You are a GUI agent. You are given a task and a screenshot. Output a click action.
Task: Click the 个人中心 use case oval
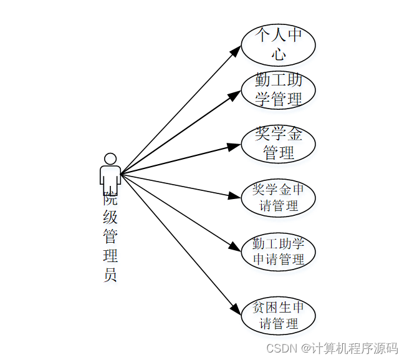tap(278, 44)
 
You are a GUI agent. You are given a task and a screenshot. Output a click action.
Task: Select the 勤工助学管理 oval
tap(278, 90)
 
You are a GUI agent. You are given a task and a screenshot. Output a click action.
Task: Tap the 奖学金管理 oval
tap(278, 144)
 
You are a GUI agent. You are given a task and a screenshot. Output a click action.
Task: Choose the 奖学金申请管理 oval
tap(278, 198)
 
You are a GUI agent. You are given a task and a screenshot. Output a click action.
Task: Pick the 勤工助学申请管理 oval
tap(278, 251)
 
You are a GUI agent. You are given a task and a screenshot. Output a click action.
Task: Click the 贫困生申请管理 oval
tap(278, 316)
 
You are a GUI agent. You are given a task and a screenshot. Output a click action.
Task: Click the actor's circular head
tap(110, 159)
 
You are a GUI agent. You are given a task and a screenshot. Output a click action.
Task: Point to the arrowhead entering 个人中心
tap(235, 51)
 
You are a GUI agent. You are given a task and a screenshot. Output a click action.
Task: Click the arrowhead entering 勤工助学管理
tap(234, 95)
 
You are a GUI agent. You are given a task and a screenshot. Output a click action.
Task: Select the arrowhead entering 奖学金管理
tap(234, 146)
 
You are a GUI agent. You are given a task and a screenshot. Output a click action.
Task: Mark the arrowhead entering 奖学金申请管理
tap(234, 196)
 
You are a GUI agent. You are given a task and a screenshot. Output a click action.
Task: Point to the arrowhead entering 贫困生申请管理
tap(235, 309)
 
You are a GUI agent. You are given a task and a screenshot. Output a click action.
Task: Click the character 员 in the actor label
tap(110, 275)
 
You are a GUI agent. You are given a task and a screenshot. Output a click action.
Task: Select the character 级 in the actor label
tap(110, 218)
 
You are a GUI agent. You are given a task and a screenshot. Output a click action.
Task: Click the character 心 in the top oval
tap(279, 54)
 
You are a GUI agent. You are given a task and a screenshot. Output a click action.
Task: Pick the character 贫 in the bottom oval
tap(260, 308)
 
